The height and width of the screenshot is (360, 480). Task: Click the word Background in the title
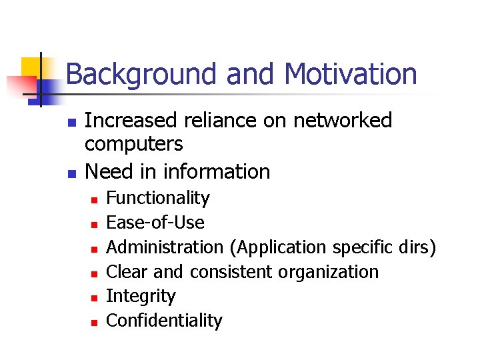tap(142, 75)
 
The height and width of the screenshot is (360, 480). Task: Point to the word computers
tap(133, 144)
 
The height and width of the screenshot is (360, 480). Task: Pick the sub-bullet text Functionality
tap(158, 198)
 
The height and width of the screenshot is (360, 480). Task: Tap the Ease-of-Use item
tap(155, 223)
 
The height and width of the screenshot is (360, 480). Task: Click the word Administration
tap(165, 247)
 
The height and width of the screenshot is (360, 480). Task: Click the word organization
tap(329, 272)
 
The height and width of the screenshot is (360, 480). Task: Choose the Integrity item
tap(141, 297)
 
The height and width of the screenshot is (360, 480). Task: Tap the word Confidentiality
tap(164, 321)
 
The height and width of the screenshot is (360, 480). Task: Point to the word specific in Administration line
tap(359, 247)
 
